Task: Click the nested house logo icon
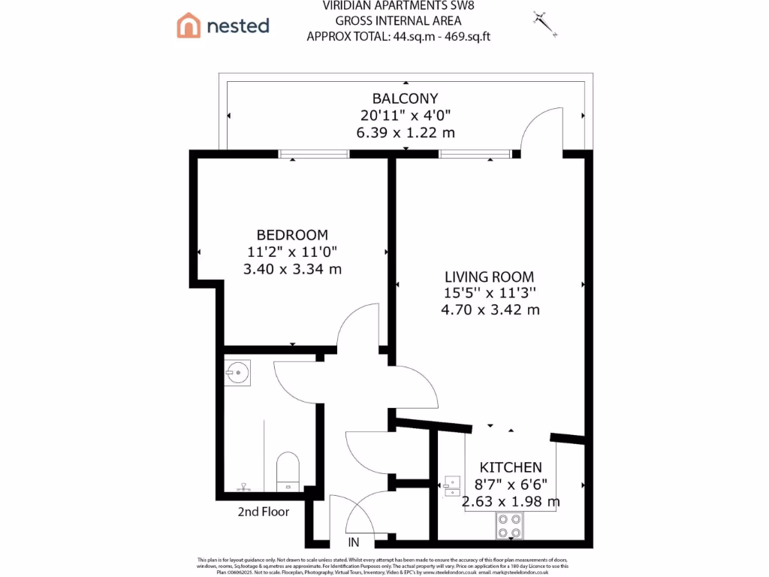pos(188,26)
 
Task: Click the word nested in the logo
pos(237,26)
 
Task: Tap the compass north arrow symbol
pos(545,24)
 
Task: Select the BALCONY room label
pos(405,98)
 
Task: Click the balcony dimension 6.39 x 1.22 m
pos(405,132)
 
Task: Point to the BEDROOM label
pos(292,234)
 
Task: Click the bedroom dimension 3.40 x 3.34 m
pos(292,268)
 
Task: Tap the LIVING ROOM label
pos(489,276)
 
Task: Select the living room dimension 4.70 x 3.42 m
pos(489,310)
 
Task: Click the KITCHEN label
pos(511,467)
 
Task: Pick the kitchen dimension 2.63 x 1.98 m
pos(511,501)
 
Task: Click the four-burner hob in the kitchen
pos(510,525)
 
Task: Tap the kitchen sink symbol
pos(451,485)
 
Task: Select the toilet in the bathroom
pos(288,470)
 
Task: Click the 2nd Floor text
pos(264,512)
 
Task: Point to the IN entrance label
pos(354,542)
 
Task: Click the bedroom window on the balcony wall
pos(314,154)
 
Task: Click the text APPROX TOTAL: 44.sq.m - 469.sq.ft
pos(398,36)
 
